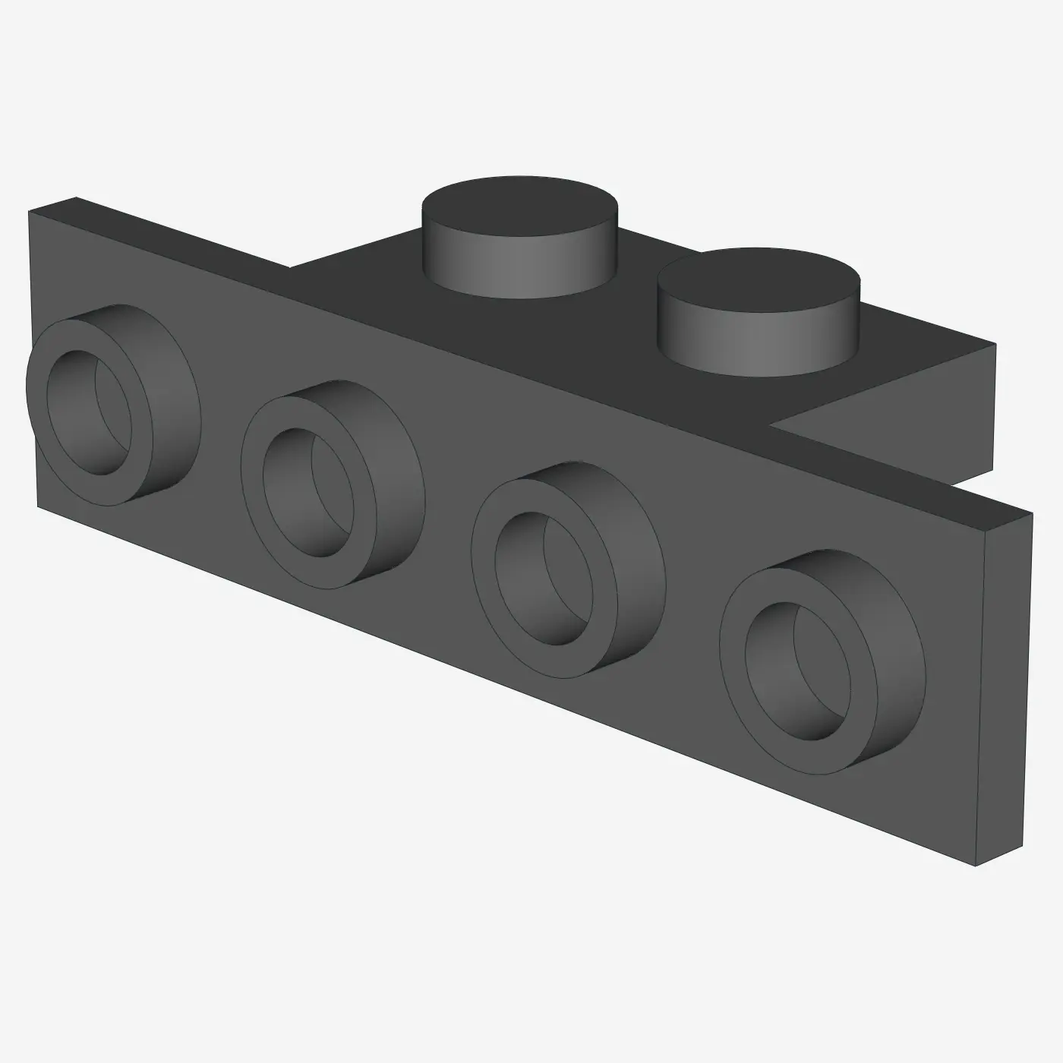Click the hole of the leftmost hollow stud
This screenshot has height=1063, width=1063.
[x=85, y=412]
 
